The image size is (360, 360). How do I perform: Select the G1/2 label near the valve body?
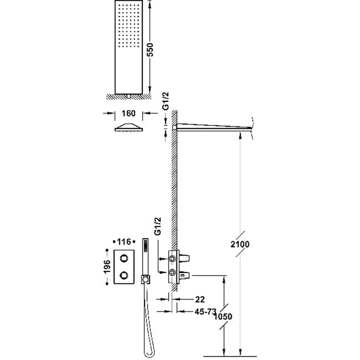point(157,235)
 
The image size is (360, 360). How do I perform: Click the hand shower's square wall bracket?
point(146,279)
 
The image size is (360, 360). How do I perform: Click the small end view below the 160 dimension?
point(129,128)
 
